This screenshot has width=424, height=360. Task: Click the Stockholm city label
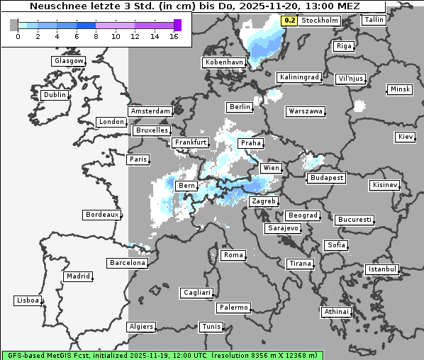(319, 21)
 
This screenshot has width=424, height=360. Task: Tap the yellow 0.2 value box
(289, 21)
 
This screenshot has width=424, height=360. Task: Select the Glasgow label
(69, 61)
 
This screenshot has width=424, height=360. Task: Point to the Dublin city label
(55, 95)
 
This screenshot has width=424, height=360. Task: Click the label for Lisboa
(28, 300)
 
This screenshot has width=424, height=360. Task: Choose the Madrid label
(77, 276)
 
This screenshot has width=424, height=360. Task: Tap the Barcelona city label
(128, 263)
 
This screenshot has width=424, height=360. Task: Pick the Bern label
(186, 186)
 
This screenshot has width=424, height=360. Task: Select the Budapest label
(326, 177)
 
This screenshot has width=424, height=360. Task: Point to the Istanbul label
(382, 269)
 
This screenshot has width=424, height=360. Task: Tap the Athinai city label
(336, 312)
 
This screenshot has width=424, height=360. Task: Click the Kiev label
(406, 136)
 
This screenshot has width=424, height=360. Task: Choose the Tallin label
(374, 20)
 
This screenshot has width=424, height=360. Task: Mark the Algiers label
(140, 327)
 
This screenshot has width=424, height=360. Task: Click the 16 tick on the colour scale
(174, 36)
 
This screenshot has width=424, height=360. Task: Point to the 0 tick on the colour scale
(18, 36)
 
